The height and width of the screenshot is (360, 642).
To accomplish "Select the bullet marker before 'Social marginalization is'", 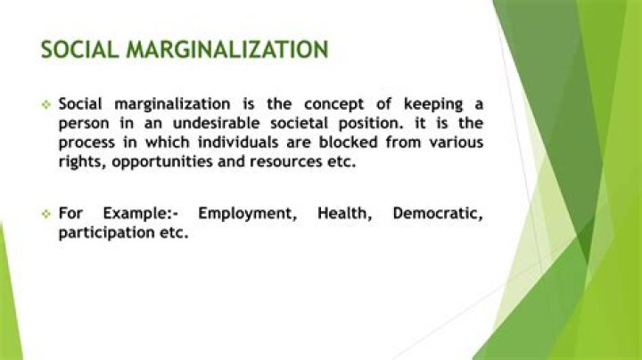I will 45,104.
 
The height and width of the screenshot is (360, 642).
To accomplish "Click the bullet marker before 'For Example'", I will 45,214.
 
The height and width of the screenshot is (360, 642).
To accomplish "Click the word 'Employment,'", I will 246,214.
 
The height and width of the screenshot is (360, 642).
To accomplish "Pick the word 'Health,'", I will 343,214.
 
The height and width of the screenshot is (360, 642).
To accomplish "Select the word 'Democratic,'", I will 438,214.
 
